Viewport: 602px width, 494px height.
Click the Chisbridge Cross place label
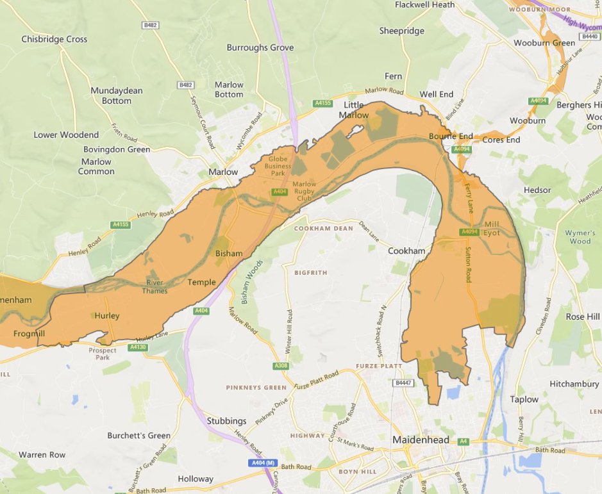coord(54,39)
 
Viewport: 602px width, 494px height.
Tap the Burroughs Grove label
coord(260,48)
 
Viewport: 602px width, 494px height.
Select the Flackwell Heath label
coord(425,4)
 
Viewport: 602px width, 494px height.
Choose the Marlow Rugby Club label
coord(304,191)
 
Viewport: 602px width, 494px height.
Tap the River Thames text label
coord(155,286)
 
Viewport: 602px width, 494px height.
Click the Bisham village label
coord(229,253)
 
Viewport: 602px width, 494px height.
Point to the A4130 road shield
coord(138,347)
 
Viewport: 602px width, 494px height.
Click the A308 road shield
coord(281,366)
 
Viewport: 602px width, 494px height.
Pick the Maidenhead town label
coord(421,440)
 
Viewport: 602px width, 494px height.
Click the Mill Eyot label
coord(492,229)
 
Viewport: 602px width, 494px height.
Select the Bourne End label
coord(451,136)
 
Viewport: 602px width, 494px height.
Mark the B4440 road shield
coord(589,37)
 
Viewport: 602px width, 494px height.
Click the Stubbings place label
coord(226,421)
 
